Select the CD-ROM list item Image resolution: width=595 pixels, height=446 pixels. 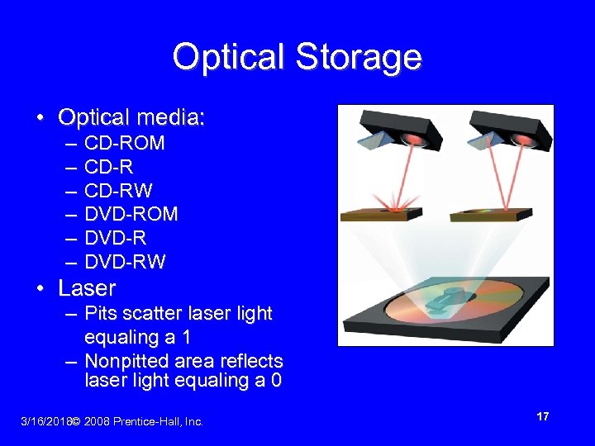pyautogui.click(x=125, y=144)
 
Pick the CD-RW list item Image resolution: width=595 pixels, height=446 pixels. pyautogui.click(x=118, y=191)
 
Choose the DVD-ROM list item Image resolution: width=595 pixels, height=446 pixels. pyautogui.click(x=131, y=215)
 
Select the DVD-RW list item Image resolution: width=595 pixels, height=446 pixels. pyautogui.click(x=126, y=263)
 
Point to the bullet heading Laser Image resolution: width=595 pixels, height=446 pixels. pyautogui.click(x=87, y=288)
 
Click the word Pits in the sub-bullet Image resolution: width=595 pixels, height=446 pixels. pyautogui.click(x=101, y=314)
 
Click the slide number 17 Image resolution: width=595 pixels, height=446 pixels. pyautogui.click(x=543, y=417)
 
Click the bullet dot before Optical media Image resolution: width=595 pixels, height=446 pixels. pyautogui.click(x=40, y=119)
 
